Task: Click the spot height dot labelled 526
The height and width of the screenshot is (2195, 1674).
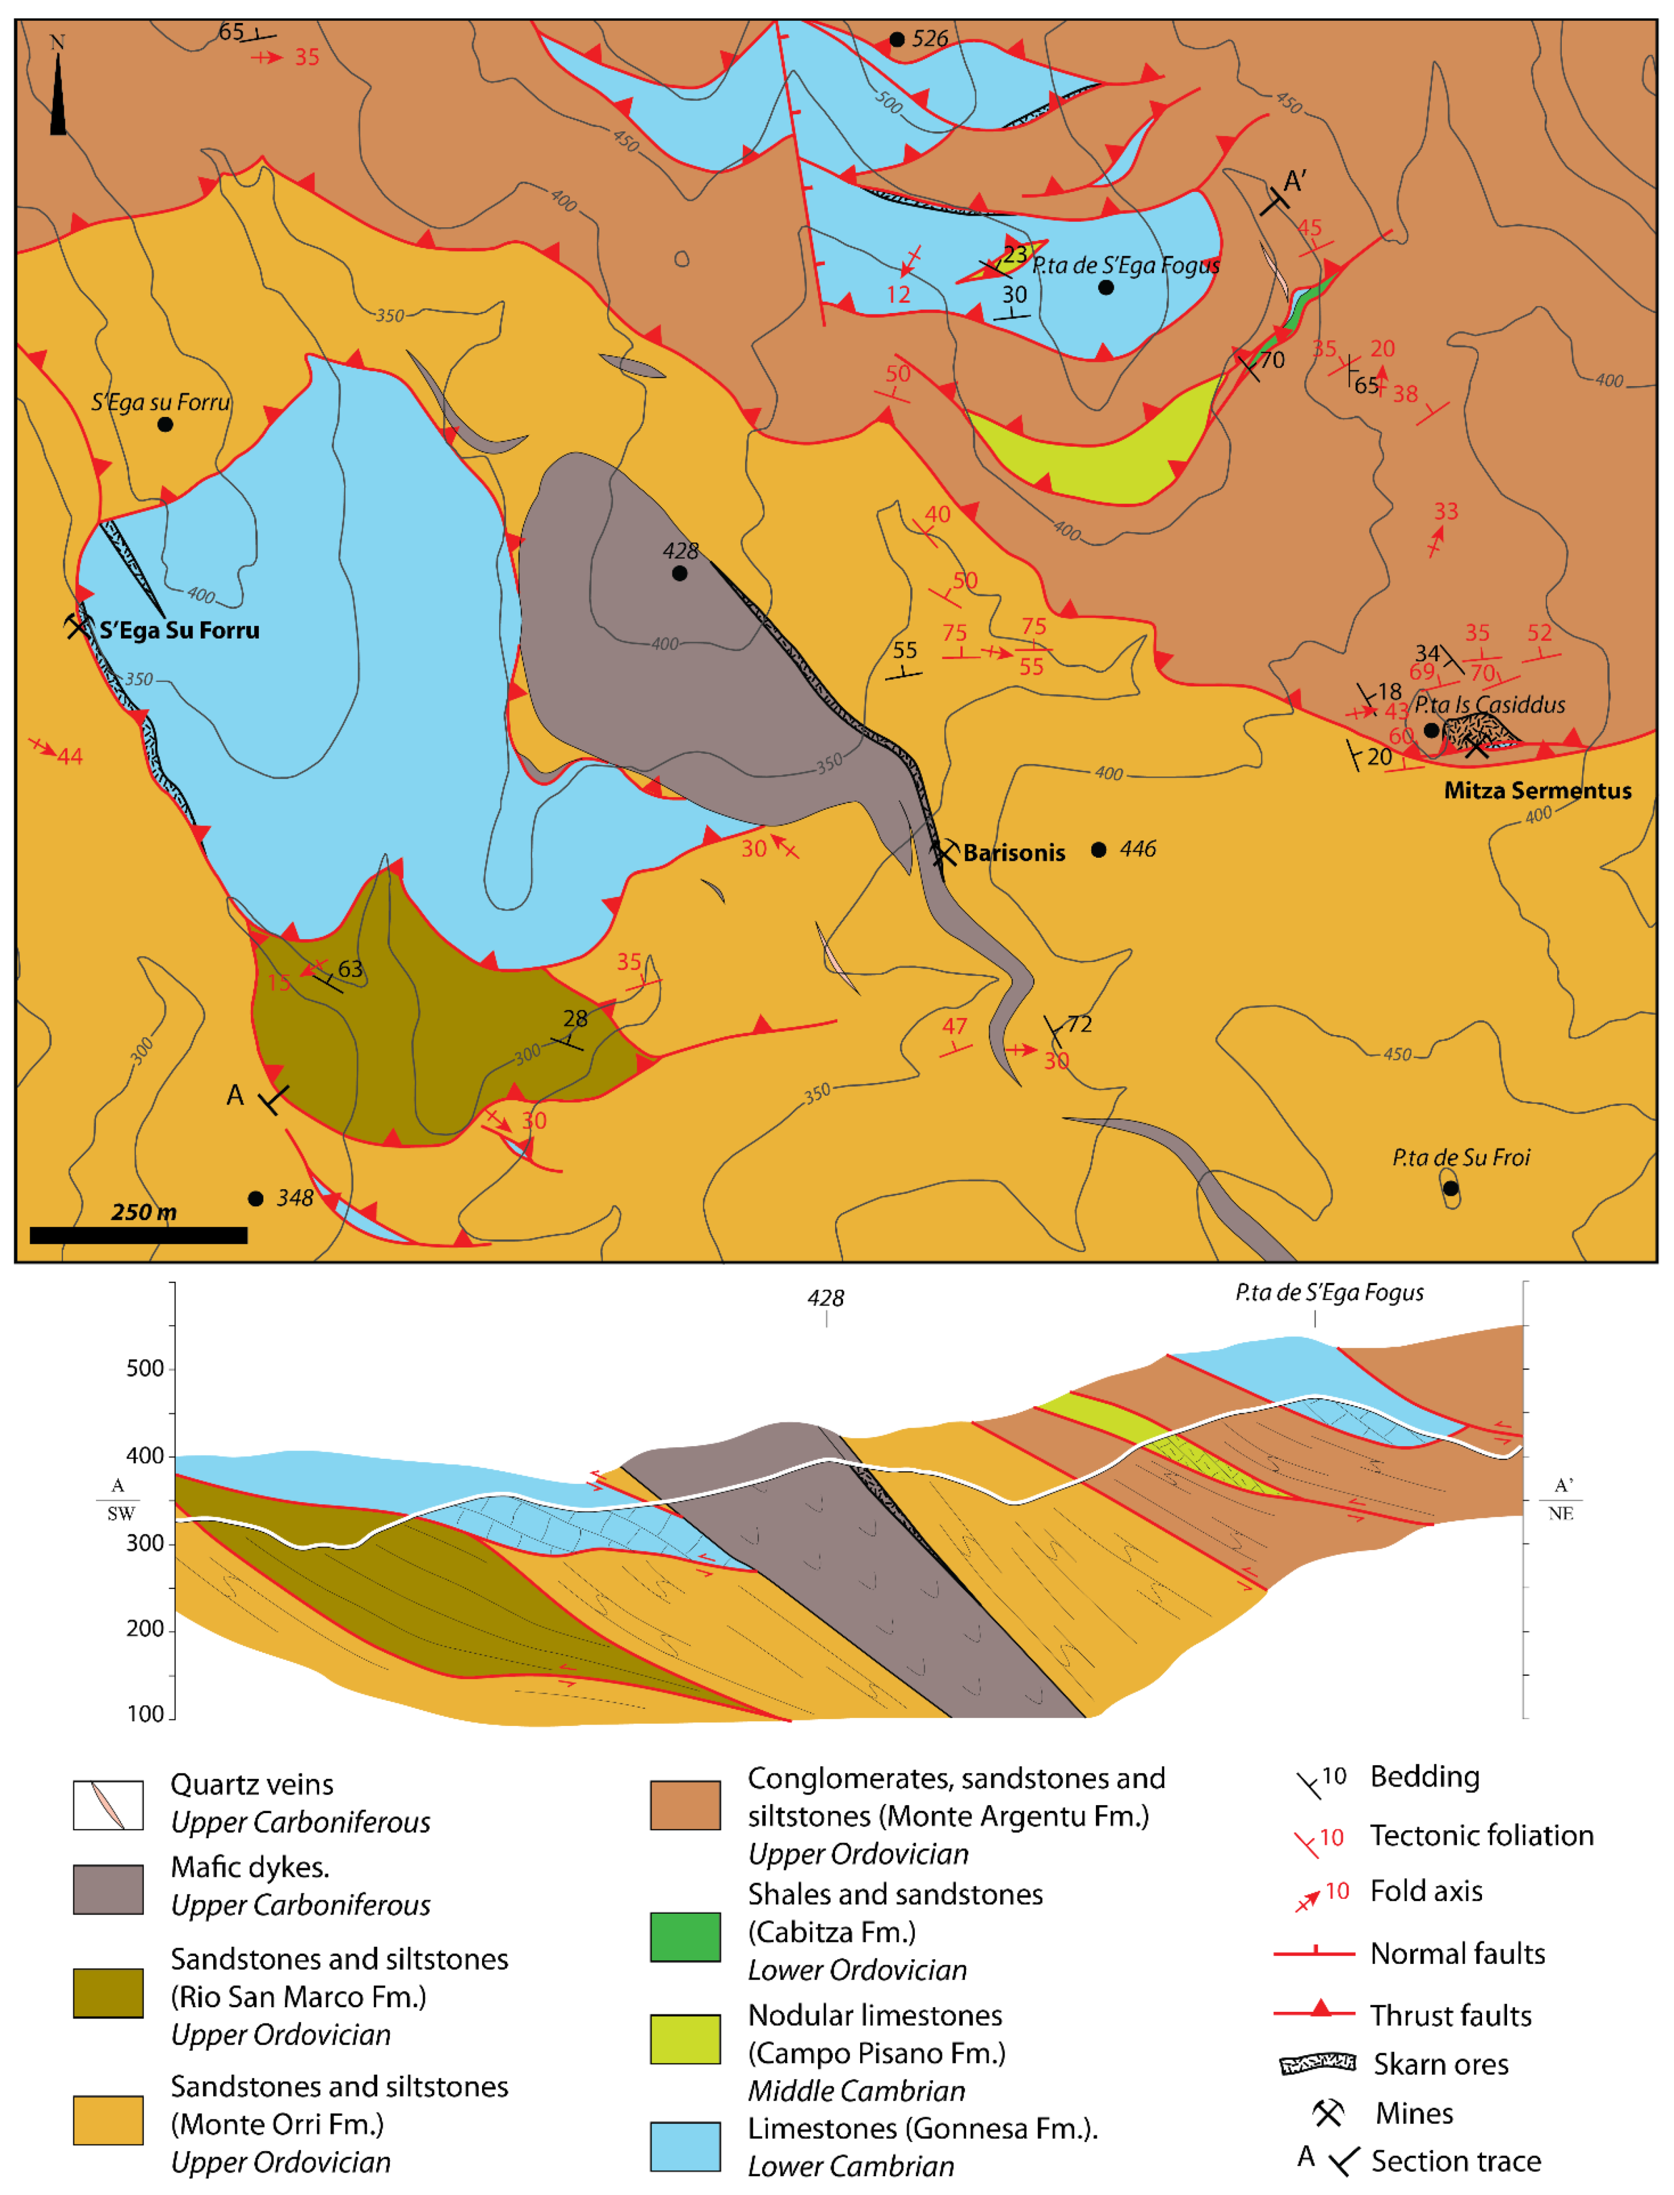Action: pos(897,40)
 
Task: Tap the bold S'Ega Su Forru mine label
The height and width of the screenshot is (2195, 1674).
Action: pos(179,631)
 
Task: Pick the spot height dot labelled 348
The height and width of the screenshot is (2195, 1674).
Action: pos(256,1198)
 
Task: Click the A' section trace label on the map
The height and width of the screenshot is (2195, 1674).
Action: pos(1294,182)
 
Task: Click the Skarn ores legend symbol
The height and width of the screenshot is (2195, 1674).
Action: pos(1317,2064)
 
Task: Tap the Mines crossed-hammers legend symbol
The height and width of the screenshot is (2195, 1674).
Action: pos(1327,2112)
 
